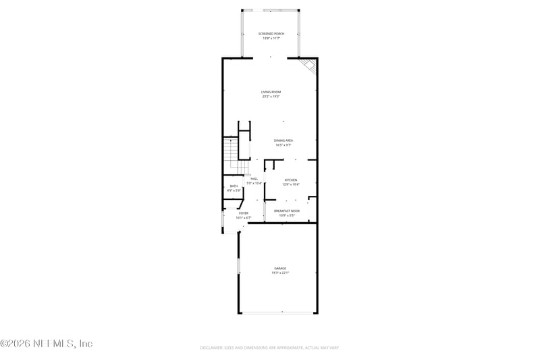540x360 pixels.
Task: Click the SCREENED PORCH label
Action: tap(271, 33)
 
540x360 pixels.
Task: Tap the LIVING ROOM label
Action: tap(271, 92)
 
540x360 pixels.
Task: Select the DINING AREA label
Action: tap(283, 140)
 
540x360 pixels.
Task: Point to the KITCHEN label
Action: tap(290, 180)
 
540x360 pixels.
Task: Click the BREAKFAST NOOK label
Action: tap(286, 211)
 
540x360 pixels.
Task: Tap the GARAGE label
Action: tap(280, 268)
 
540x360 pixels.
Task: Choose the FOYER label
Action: tap(243, 213)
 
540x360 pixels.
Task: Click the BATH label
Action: tap(234, 186)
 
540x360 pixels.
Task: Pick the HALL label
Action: tap(254, 178)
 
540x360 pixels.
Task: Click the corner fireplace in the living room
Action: tap(309, 66)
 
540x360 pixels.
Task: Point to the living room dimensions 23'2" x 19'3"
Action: tap(271, 97)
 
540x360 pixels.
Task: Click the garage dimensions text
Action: tap(280, 273)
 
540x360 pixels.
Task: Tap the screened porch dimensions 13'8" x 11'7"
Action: tap(271, 38)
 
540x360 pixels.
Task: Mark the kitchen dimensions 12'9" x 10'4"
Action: tap(290, 184)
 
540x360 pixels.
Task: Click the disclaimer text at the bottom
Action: tap(269, 348)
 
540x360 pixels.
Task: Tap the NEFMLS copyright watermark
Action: tap(46, 344)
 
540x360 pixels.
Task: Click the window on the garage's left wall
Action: tap(238, 265)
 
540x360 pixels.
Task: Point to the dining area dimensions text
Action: tap(283, 145)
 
